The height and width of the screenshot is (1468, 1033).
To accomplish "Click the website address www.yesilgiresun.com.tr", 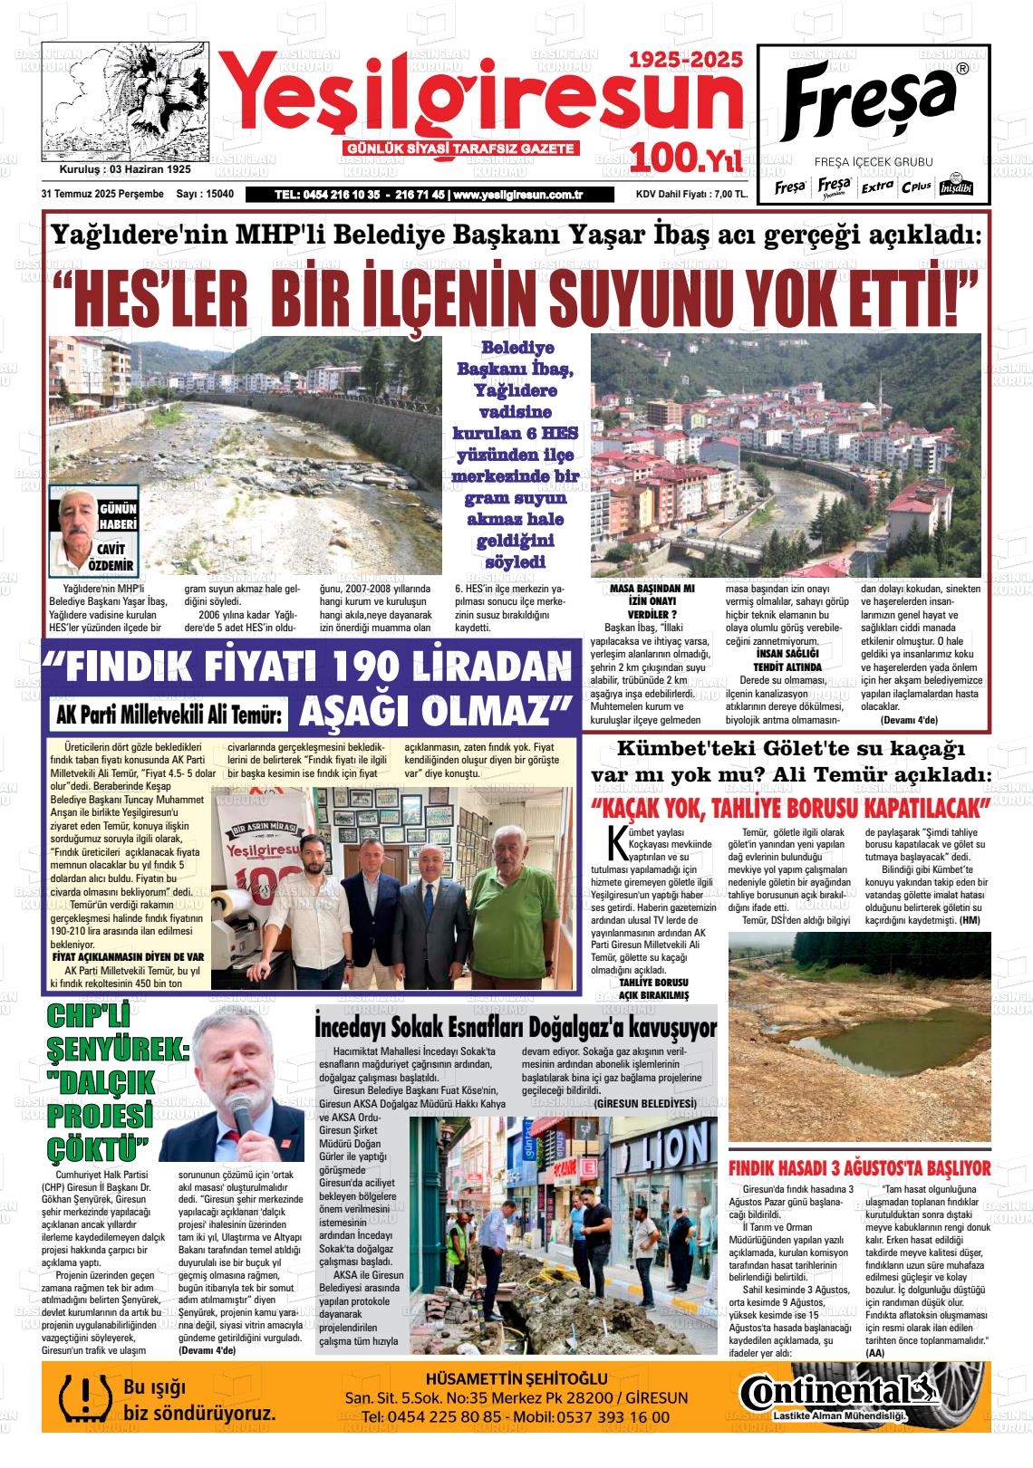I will point(517,195).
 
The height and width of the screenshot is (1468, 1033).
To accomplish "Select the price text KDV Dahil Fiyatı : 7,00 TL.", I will point(691,195).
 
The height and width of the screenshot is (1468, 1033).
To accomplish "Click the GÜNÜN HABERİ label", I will point(118,517).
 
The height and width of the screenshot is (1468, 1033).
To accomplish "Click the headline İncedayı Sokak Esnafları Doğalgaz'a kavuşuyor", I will point(515,1028).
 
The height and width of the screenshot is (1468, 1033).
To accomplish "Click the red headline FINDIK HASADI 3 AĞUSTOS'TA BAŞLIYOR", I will point(859,1168).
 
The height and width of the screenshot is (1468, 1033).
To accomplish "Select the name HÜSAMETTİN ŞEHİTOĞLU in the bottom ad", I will point(516,1378).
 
